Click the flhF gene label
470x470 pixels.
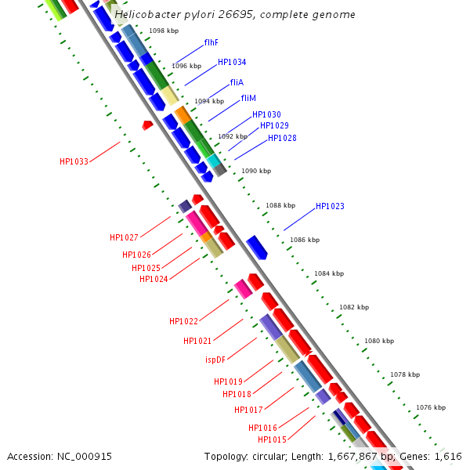point(211,42)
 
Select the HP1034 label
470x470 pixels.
point(232,62)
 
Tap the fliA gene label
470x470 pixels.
point(237,82)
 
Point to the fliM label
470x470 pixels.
point(248,99)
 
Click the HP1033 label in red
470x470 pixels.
point(74,161)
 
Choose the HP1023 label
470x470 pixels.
point(330,207)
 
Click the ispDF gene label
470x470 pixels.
point(216,360)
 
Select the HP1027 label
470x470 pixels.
point(124,237)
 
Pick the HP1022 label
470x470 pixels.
point(183,321)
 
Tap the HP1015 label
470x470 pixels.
point(272,440)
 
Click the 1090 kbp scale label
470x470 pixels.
point(256,171)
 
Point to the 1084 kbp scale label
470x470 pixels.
point(329,274)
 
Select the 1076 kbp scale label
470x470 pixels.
point(431,407)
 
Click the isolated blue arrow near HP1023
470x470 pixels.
point(257,247)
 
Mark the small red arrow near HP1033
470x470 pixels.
point(147,125)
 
